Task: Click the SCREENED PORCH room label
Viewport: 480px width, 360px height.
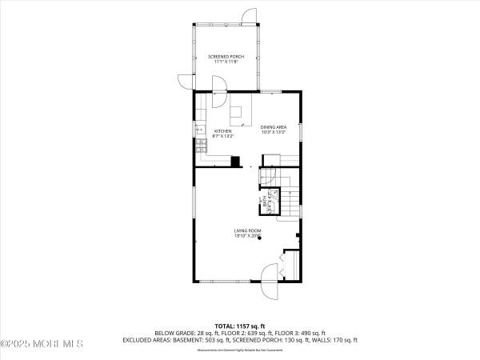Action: [x=226, y=58]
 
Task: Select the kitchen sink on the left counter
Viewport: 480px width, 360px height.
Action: [x=198, y=127]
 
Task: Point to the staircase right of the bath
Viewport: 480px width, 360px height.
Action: [x=290, y=200]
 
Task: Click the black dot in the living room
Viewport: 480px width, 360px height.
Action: [x=258, y=247]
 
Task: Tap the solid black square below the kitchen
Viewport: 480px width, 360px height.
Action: [x=235, y=160]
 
